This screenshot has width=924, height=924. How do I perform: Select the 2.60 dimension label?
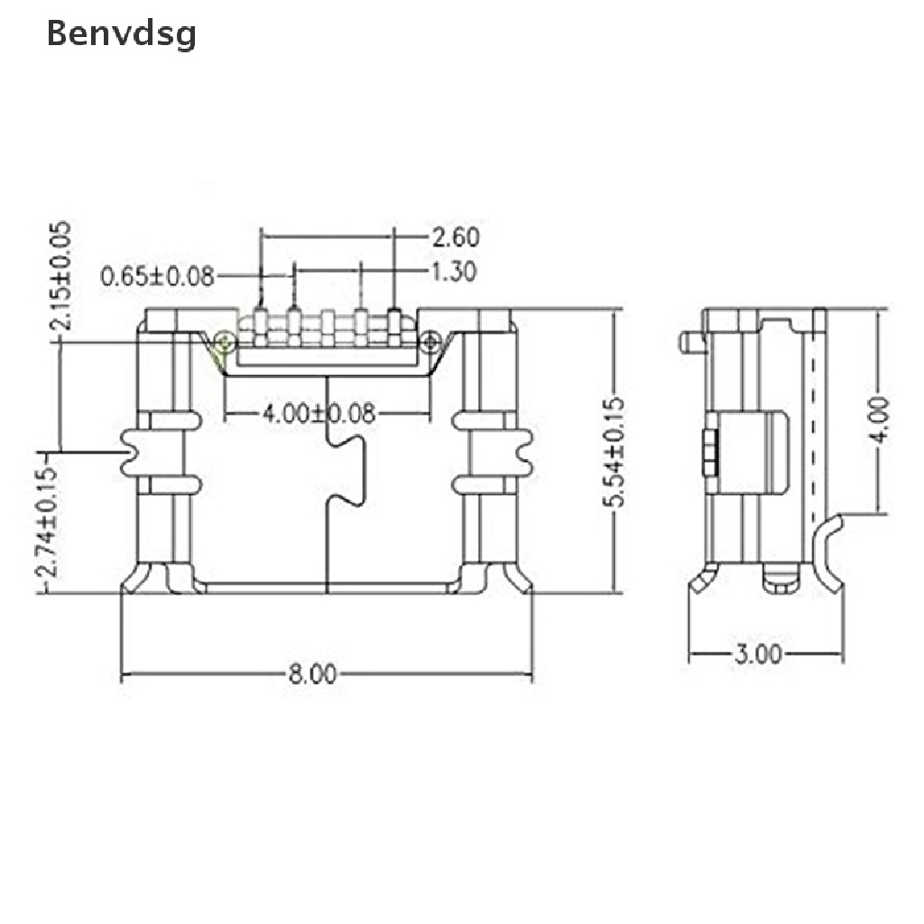pyautogui.click(x=454, y=237)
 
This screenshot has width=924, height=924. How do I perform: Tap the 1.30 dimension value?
pyautogui.click(x=454, y=271)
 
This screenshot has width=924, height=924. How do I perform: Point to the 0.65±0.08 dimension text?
pyautogui.click(x=158, y=276)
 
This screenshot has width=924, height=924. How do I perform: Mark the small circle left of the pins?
pyautogui.click(x=222, y=340)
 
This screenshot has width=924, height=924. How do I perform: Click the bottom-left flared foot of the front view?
pyautogui.click(x=144, y=577)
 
